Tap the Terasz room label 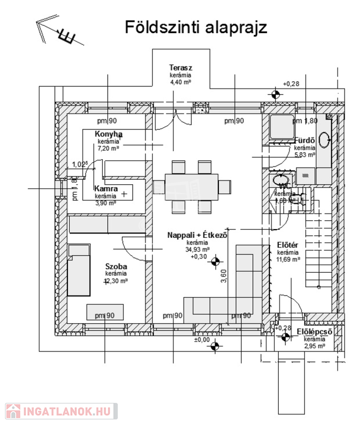(x=180, y=68)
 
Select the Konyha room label (x=108, y=134)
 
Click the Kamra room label (x=106, y=189)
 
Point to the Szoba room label (x=116, y=267)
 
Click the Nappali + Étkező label (x=197, y=235)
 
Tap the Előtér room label (x=288, y=245)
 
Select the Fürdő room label (x=305, y=141)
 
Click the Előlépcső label (x=314, y=331)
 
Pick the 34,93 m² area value (x=197, y=250)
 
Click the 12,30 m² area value (x=116, y=281)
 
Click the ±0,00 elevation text (x=202, y=340)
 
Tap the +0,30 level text (x=198, y=257)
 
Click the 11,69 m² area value (x=289, y=259)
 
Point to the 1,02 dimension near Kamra (x=81, y=164)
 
